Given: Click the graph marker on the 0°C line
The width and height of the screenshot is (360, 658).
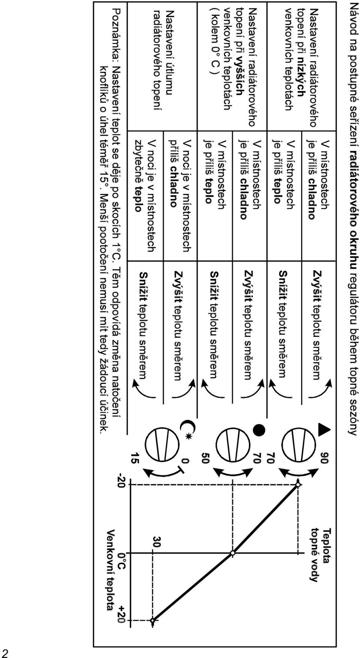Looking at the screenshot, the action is pos(233,553).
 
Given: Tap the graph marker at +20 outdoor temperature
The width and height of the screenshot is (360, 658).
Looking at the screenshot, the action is pos(153,621).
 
